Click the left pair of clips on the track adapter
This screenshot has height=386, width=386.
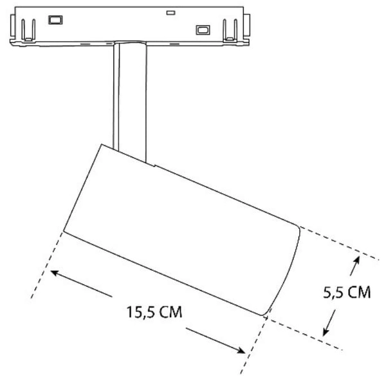[x=26, y=28]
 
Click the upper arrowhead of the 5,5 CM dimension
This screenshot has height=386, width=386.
[x=356, y=260]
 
